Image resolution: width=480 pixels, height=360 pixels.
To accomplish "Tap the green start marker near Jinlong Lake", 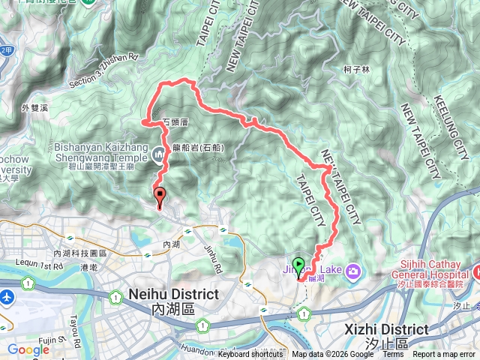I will (x=298, y=265).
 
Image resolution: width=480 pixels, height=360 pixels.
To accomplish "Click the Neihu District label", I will (x=174, y=293).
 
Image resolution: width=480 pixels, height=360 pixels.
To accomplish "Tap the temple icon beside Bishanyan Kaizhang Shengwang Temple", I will (x=158, y=155).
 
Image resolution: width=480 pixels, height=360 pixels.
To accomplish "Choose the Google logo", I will (x=28, y=349).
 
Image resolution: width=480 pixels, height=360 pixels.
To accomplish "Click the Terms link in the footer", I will (x=392, y=355).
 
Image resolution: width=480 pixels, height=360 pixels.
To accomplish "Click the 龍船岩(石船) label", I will (x=199, y=148).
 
